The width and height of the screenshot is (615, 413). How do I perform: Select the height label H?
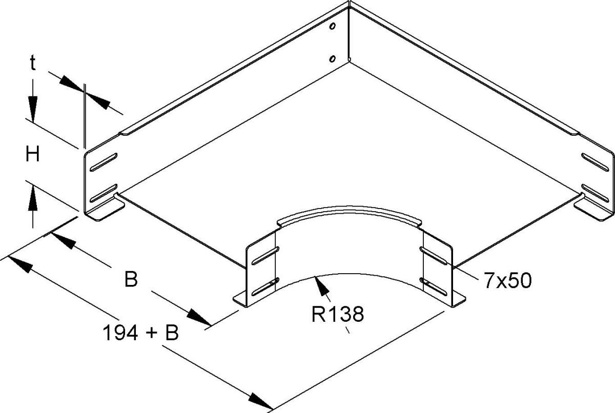(33, 154)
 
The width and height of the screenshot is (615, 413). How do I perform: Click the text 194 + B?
(140, 334)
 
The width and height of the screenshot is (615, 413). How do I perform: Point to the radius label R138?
(338, 314)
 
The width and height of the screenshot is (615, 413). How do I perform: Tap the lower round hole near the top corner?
(333, 59)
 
